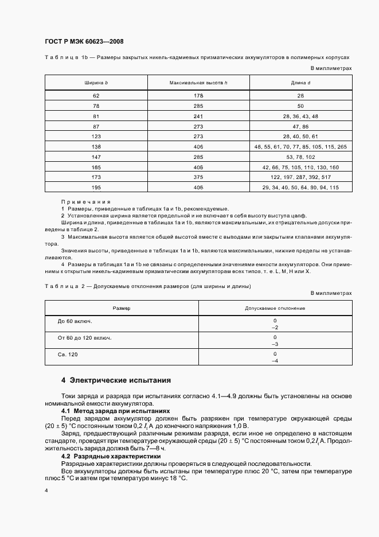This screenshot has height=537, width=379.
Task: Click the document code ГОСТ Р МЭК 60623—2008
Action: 84,42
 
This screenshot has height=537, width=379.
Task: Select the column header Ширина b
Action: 96,83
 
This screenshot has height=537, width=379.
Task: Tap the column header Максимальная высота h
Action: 198,83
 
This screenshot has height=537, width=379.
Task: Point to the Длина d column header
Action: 300,83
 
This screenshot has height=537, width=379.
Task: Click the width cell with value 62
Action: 96,95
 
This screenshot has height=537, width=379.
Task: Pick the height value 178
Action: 198,95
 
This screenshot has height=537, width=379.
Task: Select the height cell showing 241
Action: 198,116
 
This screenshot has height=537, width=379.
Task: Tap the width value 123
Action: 96,137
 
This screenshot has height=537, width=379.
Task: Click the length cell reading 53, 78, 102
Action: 300,157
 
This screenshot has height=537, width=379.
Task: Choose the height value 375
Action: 198,178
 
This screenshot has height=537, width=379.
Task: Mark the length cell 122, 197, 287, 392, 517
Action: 300,178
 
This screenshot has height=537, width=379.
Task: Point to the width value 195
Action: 96,188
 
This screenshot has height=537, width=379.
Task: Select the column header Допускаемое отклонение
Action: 275,309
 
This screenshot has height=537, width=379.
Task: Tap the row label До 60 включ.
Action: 75,321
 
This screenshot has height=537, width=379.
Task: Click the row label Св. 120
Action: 68,355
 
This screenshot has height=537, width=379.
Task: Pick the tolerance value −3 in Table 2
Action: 275,344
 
